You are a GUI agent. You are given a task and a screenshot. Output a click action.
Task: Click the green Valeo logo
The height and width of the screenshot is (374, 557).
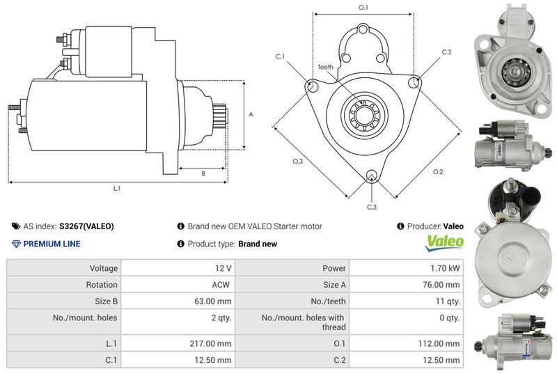(x=445, y=242)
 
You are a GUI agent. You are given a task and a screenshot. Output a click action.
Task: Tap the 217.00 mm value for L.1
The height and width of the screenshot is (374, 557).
(x=214, y=343)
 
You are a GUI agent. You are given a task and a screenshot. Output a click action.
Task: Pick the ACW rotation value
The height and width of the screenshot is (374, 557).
(x=221, y=285)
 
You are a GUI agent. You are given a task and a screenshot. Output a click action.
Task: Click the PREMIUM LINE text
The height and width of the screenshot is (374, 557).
(x=52, y=244)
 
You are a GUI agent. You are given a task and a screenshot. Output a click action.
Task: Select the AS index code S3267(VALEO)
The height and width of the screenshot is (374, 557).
(x=86, y=226)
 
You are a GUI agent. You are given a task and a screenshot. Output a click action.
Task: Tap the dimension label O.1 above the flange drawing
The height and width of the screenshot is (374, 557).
(x=363, y=7)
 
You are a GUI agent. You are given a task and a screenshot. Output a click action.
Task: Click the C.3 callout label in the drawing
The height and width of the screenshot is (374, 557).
(x=371, y=207)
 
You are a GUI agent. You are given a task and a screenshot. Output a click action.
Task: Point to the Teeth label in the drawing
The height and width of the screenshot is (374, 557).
(x=326, y=67)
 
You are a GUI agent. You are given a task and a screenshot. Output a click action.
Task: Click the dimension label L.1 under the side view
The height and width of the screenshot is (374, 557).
(x=118, y=189)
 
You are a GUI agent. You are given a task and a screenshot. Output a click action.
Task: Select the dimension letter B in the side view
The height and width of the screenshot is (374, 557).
(x=203, y=173)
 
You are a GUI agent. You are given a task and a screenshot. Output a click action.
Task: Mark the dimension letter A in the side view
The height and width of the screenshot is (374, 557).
(x=251, y=114)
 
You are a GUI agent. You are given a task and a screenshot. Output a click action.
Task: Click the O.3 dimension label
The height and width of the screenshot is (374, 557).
(x=297, y=162)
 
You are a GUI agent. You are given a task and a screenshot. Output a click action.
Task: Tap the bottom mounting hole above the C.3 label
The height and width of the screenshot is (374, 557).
(x=372, y=175)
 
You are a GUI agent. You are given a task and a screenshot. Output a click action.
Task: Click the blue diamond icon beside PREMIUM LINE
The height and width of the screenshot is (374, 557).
(x=16, y=244)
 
